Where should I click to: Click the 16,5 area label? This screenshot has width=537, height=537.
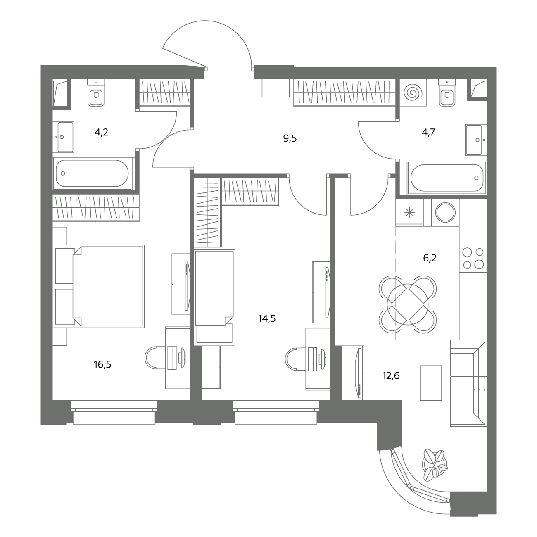[x=102, y=364]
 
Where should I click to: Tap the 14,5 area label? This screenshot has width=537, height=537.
[x=267, y=318]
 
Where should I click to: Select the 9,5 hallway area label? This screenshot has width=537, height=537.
[x=290, y=138]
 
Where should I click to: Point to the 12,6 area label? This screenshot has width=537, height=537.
[x=391, y=375]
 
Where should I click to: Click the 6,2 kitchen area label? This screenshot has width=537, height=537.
[x=430, y=258]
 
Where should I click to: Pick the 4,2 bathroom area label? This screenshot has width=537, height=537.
[x=102, y=132]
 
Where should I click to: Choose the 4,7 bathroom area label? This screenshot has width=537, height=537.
[x=428, y=132]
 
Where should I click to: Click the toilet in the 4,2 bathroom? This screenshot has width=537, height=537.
[x=96, y=93]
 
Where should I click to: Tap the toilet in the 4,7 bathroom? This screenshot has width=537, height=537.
[x=447, y=93]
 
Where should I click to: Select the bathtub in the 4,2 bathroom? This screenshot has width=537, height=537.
[x=92, y=173]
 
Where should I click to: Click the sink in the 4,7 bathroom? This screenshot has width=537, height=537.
[x=476, y=140]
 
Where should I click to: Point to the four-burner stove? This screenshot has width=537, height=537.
[x=473, y=259]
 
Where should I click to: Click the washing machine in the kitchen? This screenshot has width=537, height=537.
[x=445, y=212]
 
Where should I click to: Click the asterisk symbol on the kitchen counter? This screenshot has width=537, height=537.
[x=410, y=213]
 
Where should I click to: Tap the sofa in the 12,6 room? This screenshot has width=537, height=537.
[x=468, y=383]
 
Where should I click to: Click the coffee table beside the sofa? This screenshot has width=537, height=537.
[x=431, y=383]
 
